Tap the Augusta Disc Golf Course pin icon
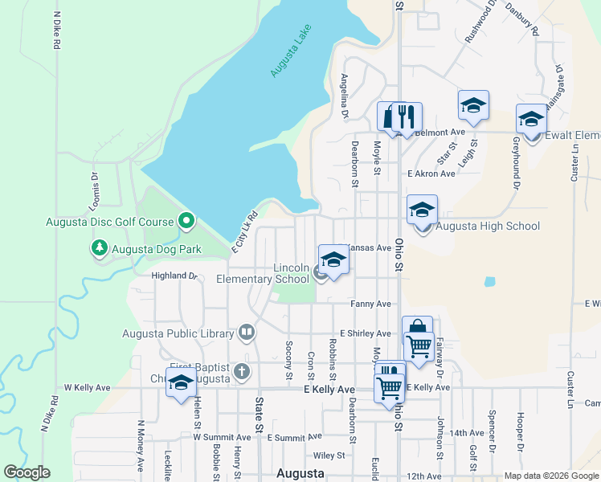(x=186, y=219)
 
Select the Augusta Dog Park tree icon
(x=100, y=247)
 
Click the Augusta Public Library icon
(x=246, y=332)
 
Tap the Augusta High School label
(x=488, y=227)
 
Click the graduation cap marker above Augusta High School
(x=422, y=210)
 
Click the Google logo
(x=27, y=472)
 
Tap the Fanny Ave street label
(x=370, y=304)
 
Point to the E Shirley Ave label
(x=365, y=333)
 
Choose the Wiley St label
(x=329, y=455)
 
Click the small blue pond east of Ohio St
(x=489, y=282)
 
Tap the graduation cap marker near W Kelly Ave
(x=181, y=385)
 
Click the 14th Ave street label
(x=466, y=433)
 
